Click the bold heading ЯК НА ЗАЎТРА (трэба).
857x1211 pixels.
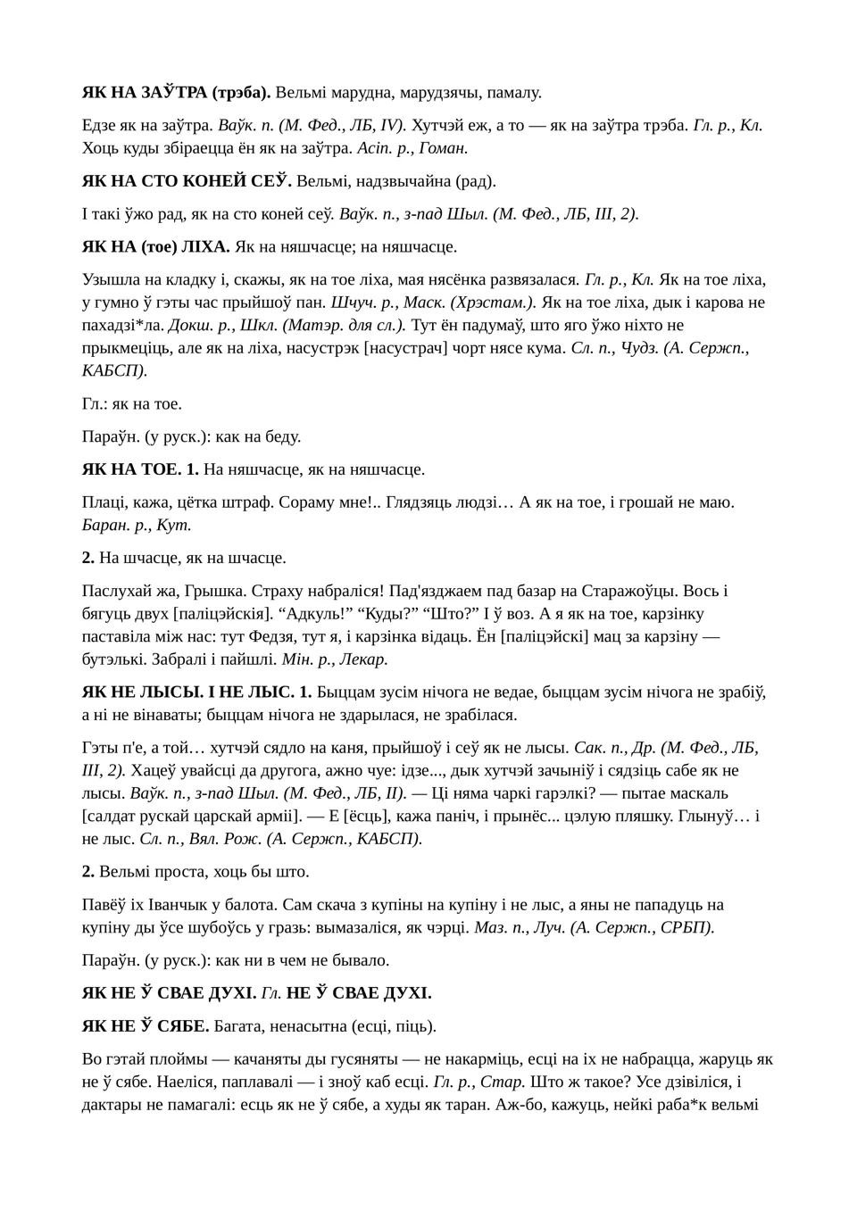[176, 92]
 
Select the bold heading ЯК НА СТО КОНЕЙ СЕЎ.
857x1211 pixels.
[187, 181]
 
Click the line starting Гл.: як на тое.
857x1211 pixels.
[132, 403]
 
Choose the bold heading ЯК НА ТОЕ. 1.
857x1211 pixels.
[140, 469]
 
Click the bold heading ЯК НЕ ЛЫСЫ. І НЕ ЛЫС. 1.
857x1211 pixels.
[197, 692]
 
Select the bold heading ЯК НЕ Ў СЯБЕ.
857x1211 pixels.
[146, 1026]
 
